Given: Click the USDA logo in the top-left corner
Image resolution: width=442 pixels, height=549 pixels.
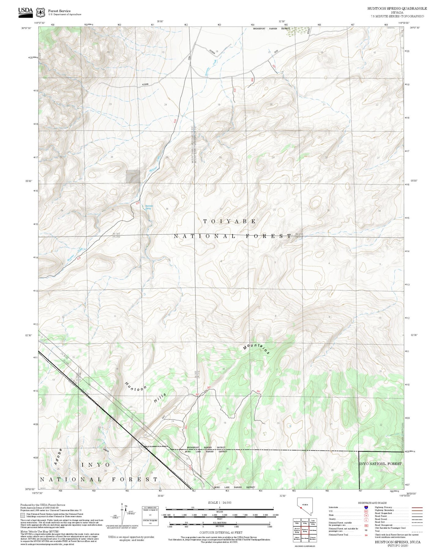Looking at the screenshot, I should click(25, 11).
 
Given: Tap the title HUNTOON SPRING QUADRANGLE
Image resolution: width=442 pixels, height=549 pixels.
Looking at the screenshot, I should click(397, 9).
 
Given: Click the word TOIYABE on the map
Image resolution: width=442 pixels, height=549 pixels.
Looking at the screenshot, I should click(229, 221).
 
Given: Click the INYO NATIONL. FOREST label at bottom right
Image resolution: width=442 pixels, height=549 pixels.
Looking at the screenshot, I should click(380, 464).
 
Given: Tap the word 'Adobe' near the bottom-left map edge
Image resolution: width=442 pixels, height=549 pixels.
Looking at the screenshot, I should click(58, 457).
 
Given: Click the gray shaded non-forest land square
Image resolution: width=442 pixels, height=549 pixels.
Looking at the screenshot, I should click(133, 177).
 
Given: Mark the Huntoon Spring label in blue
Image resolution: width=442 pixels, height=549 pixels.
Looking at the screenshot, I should click(149, 207).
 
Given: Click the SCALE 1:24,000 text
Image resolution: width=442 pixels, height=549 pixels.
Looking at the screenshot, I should click(220, 502).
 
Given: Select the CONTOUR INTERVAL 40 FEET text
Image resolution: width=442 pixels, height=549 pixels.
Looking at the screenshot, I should click(221, 533).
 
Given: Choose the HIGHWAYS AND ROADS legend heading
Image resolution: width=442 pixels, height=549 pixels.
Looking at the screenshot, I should click(372, 503).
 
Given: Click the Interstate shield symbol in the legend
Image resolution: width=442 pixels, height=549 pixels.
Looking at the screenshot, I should click(366, 507).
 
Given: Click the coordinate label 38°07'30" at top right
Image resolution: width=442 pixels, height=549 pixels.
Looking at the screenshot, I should click(414, 28).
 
